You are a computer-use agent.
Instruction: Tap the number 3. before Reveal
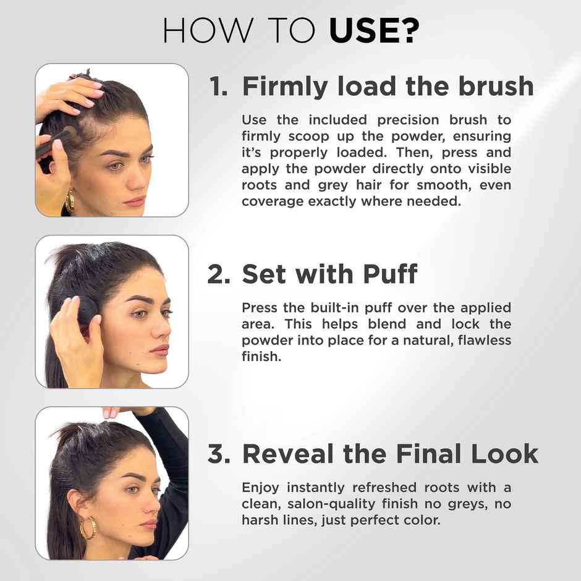click(x=219, y=454)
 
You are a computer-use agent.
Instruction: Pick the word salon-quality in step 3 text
click(x=323, y=504)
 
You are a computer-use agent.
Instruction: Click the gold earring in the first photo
click(x=70, y=201)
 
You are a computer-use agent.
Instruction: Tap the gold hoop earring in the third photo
click(x=88, y=528)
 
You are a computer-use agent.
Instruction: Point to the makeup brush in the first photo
click(x=56, y=142)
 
